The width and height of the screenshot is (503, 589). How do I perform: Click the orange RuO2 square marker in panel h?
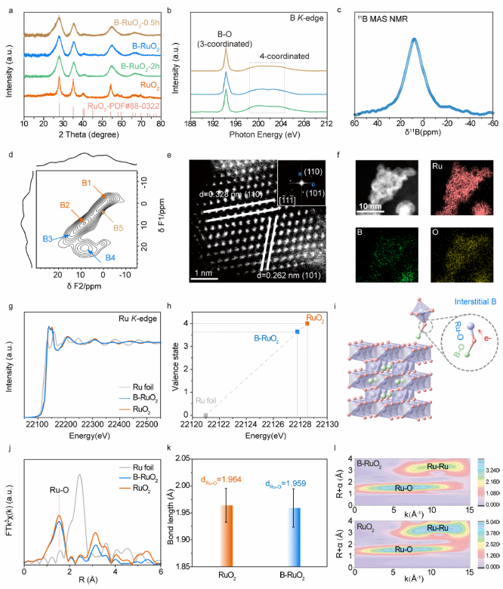tap(307, 302)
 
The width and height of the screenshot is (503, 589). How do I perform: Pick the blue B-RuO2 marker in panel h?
tap(298, 332)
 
